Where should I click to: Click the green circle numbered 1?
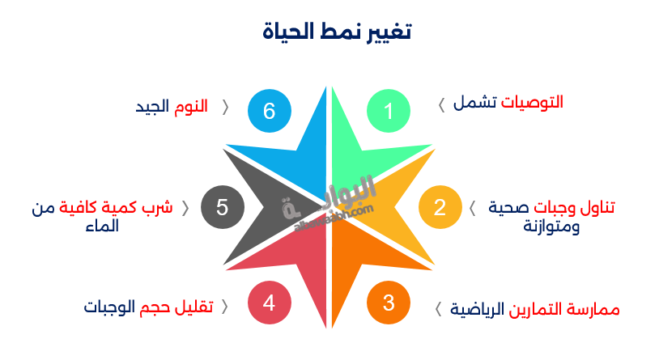[389, 111]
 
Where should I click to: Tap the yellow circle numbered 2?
[440, 207]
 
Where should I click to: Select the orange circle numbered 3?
[389, 303]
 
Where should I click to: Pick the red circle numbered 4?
[269, 303]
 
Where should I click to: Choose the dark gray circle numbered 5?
[222, 207]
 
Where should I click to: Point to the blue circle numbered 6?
[269, 111]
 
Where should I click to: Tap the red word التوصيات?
[532, 103]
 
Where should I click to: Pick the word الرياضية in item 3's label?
[479, 309]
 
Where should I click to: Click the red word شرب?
[159, 207]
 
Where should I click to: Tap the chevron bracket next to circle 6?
[225, 106]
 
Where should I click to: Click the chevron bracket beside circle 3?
[439, 309]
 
